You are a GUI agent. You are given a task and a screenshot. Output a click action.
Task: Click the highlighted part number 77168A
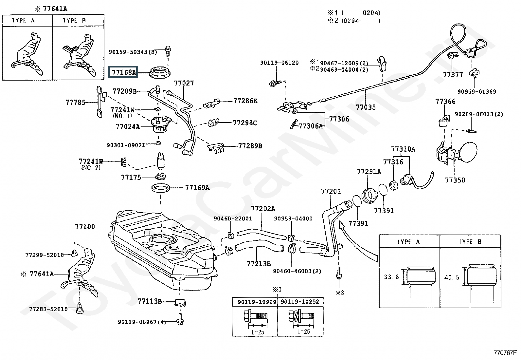(x=123, y=72)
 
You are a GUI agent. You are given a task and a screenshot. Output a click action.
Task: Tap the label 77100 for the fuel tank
(x=85, y=227)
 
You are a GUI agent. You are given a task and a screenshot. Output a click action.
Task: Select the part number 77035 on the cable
(x=366, y=107)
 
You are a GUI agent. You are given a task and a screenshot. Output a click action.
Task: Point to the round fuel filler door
(x=470, y=153)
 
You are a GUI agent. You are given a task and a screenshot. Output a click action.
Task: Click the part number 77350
(x=455, y=180)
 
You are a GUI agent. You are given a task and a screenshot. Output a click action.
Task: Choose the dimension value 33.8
(x=391, y=277)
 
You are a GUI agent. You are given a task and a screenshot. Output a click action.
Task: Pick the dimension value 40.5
(x=452, y=277)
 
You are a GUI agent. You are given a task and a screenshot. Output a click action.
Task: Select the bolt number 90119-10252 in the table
(x=300, y=302)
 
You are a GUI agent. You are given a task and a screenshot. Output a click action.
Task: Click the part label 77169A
(x=197, y=188)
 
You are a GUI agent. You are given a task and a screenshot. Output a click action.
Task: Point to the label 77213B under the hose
(x=259, y=263)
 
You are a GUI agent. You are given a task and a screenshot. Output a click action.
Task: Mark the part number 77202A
(x=263, y=209)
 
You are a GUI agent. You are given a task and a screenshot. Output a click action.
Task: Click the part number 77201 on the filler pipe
(x=331, y=191)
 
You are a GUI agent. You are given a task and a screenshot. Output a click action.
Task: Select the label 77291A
(x=369, y=172)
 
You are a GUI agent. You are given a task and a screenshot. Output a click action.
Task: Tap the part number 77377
(x=453, y=75)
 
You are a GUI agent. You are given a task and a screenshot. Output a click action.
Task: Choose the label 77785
(x=75, y=102)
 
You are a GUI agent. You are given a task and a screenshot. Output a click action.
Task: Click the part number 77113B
(x=150, y=301)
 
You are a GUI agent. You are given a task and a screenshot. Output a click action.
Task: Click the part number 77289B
(x=250, y=146)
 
